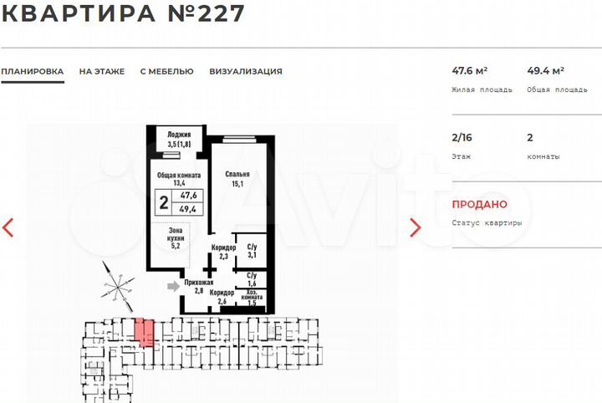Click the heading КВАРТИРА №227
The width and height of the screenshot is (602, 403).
123,13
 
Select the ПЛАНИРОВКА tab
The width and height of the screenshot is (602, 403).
32,72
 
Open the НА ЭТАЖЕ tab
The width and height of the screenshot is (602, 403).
102,72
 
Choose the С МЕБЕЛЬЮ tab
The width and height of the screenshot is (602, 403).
166,72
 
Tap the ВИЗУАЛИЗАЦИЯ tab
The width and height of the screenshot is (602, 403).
246,72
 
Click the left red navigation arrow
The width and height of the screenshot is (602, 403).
8,227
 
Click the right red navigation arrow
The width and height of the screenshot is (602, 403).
416,227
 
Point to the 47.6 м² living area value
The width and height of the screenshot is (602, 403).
469,71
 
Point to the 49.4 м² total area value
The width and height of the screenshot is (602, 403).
545,71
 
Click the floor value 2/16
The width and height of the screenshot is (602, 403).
462,138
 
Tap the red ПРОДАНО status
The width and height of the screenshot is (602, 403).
479,204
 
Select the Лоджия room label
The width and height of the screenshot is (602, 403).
179,140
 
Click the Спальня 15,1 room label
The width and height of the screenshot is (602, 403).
237,180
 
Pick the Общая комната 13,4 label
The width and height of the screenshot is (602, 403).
179,179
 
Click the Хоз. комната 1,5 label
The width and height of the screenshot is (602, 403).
252,298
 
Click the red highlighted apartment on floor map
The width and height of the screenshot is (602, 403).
145,331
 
